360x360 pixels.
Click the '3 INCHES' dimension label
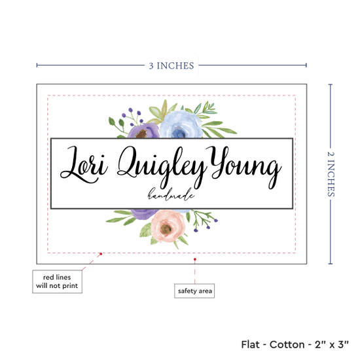pyautogui.click(x=171, y=65)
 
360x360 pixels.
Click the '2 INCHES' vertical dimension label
pyautogui.click(x=331, y=174)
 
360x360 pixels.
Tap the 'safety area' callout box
pyautogui.click(x=194, y=291)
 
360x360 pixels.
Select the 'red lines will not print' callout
pyautogui.click(x=57, y=281)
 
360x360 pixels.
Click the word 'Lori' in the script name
pyautogui.click(x=84, y=165)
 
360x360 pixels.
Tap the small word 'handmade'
pyautogui.click(x=171, y=194)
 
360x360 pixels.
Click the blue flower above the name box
pyautogui.click(x=181, y=124)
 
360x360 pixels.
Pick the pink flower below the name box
pyautogui.click(x=168, y=226)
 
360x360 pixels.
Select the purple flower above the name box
pyautogui.click(x=143, y=131)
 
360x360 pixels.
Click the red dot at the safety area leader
pyautogui.click(x=195, y=259)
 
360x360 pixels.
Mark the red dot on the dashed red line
pyautogui.click(x=101, y=254)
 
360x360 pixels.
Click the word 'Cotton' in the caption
pyautogui.click(x=287, y=344)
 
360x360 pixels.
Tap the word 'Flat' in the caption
pyautogui.click(x=250, y=344)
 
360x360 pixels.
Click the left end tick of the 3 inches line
pyautogui.click(x=37, y=65)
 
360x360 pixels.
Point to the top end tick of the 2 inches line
pyautogui.click(x=331, y=84)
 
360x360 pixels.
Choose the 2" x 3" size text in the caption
pyautogui.click(x=332, y=344)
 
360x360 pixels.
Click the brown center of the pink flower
pyautogui.click(x=166, y=228)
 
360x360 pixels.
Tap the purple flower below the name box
pyautogui.click(x=145, y=214)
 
